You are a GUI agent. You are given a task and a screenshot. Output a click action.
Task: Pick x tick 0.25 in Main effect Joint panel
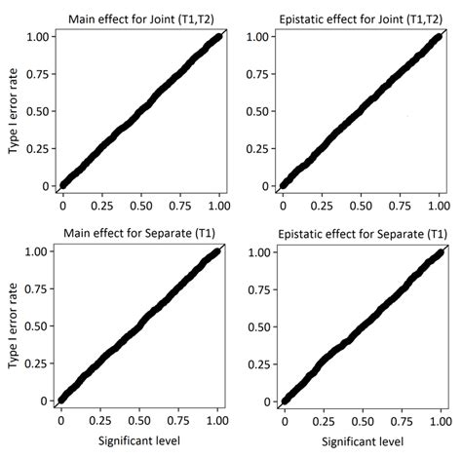coord(102,208)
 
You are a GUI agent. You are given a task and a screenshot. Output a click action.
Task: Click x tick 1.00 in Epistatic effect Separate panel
coord(440,424)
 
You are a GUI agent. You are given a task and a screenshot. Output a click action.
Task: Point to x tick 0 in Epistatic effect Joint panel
coord(284,208)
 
